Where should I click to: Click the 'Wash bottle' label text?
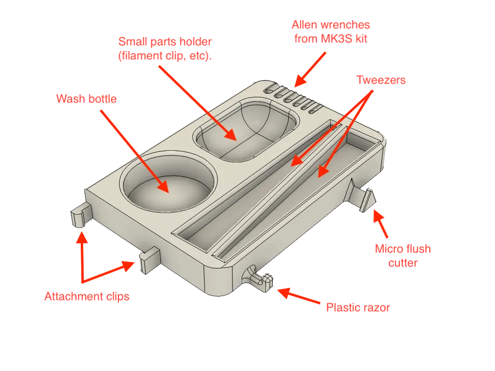pos(86,99)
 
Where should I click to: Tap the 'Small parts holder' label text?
pos(165,48)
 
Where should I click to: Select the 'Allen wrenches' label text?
pos(331,32)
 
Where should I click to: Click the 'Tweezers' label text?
pos(380,80)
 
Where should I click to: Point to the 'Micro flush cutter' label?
pos(404,256)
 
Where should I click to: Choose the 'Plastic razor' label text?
pos(357,307)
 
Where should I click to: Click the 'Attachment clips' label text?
pos(87,297)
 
